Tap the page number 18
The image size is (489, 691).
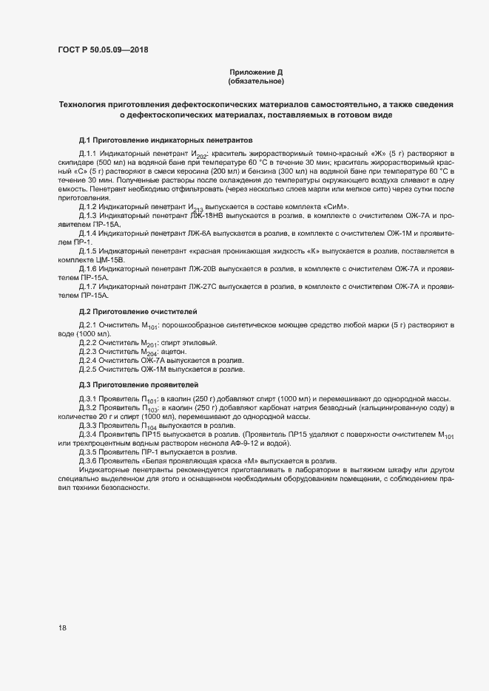click(62, 628)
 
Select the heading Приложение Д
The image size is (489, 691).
click(256, 72)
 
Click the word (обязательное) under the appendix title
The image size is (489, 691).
click(256, 81)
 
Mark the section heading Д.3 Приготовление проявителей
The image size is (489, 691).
click(138, 384)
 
